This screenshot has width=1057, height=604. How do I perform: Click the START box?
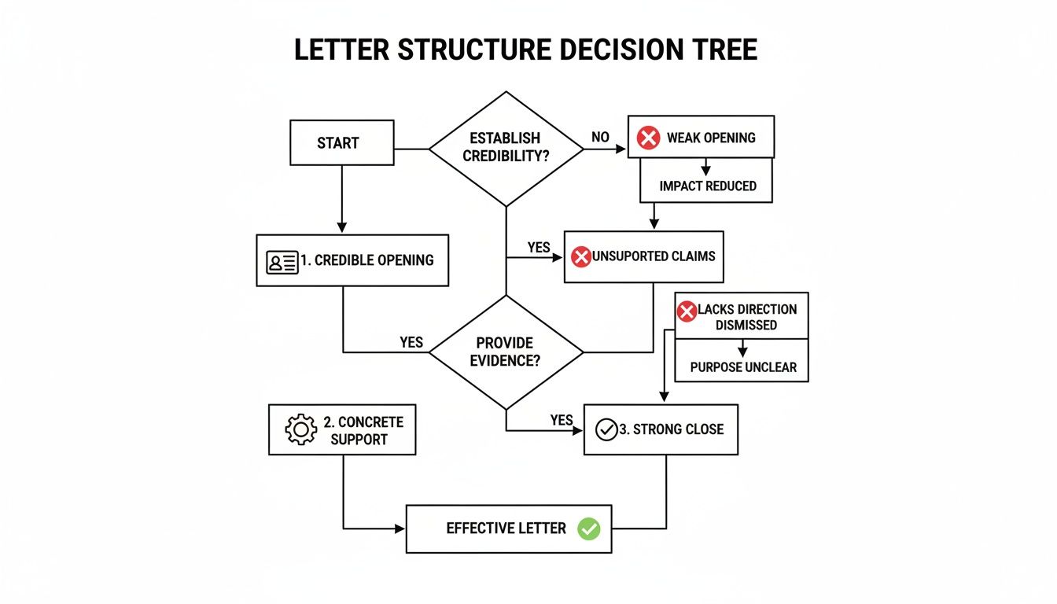point(341,142)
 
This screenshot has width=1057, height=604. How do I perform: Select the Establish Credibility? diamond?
point(506,148)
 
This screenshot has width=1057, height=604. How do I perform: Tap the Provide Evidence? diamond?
point(506,352)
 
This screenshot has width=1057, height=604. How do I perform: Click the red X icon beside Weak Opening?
point(647,139)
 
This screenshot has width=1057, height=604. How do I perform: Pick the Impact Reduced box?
point(707,186)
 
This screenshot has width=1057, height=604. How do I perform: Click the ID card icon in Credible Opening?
point(283,261)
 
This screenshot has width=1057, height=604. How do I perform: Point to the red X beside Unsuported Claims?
point(580,256)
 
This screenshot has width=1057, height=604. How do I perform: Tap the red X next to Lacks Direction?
point(687,312)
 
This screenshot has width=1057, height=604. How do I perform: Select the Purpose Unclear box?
point(742,367)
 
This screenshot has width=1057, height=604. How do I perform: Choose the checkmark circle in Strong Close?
point(606,430)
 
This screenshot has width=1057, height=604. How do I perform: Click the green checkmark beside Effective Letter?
point(588,528)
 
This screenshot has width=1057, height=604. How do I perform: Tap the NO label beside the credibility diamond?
point(600,137)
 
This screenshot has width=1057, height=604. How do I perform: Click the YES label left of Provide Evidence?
point(411,342)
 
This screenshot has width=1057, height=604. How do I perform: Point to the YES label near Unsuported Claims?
point(539,247)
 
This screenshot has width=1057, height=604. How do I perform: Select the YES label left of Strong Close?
point(562,420)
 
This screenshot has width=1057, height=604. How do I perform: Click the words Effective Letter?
point(506,528)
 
